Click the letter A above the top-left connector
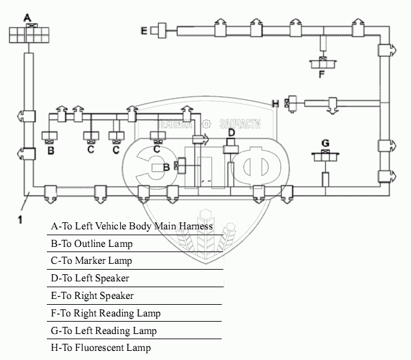coord(27,17)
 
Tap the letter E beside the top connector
coord(144,30)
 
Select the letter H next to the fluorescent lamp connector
coord(276,103)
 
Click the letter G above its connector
coord(326,143)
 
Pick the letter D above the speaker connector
coord(231,133)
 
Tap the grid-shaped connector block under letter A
coord(28,34)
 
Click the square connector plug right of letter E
coord(156,30)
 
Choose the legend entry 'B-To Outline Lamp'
coord(92,244)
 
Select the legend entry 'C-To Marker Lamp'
coord(92,261)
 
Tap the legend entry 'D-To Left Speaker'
coord(90,279)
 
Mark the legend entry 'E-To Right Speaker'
coord(92,296)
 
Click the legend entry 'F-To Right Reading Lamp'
coord(105,314)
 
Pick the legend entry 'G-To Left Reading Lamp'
coord(103,331)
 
